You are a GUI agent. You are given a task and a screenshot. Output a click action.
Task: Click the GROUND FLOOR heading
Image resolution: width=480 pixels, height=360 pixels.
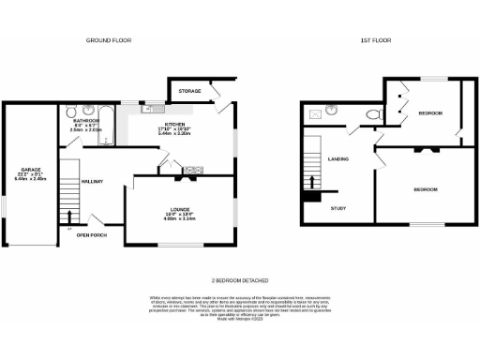(109, 41)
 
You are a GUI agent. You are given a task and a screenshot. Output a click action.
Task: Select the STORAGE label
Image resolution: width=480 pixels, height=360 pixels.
(190, 91)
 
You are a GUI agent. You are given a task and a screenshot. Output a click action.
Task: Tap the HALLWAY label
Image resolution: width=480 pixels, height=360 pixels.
(91, 181)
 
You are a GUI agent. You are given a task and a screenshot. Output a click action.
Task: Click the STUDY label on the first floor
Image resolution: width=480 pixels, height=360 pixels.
(338, 208)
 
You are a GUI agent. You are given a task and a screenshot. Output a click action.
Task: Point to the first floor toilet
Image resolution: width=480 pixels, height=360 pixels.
(375, 114)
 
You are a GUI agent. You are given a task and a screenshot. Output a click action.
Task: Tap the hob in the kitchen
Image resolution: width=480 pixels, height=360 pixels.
(194, 171)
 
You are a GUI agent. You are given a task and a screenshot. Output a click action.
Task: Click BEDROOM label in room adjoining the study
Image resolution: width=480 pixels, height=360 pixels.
(426, 189)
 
